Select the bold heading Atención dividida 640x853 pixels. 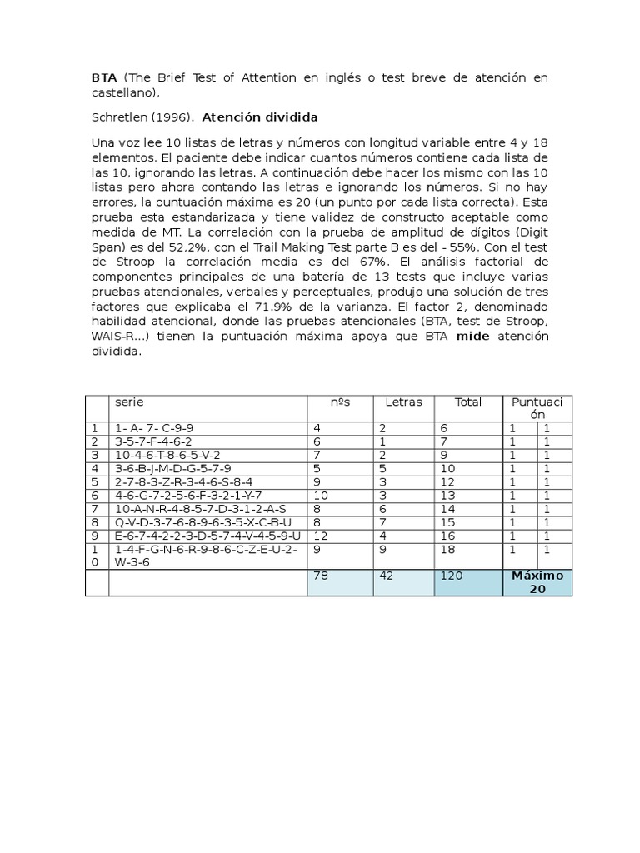pyautogui.click(x=260, y=117)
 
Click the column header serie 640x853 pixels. pyautogui.click(x=129, y=402)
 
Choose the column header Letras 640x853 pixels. pyautogui.click(x=403, y=402)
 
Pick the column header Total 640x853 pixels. pyautogui.click(x=467, y=402)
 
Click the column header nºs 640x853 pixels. pyautogui.click(x=340, y=402)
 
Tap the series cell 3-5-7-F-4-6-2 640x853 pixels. pyautogui.click(x=153, y=441)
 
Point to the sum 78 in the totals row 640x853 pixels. pyautogui.click(x=320, y=575)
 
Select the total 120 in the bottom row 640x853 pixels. pyautogui.click(x=452, y=575)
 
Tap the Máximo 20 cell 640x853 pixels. pyautogui.click(x=537, y=581)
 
